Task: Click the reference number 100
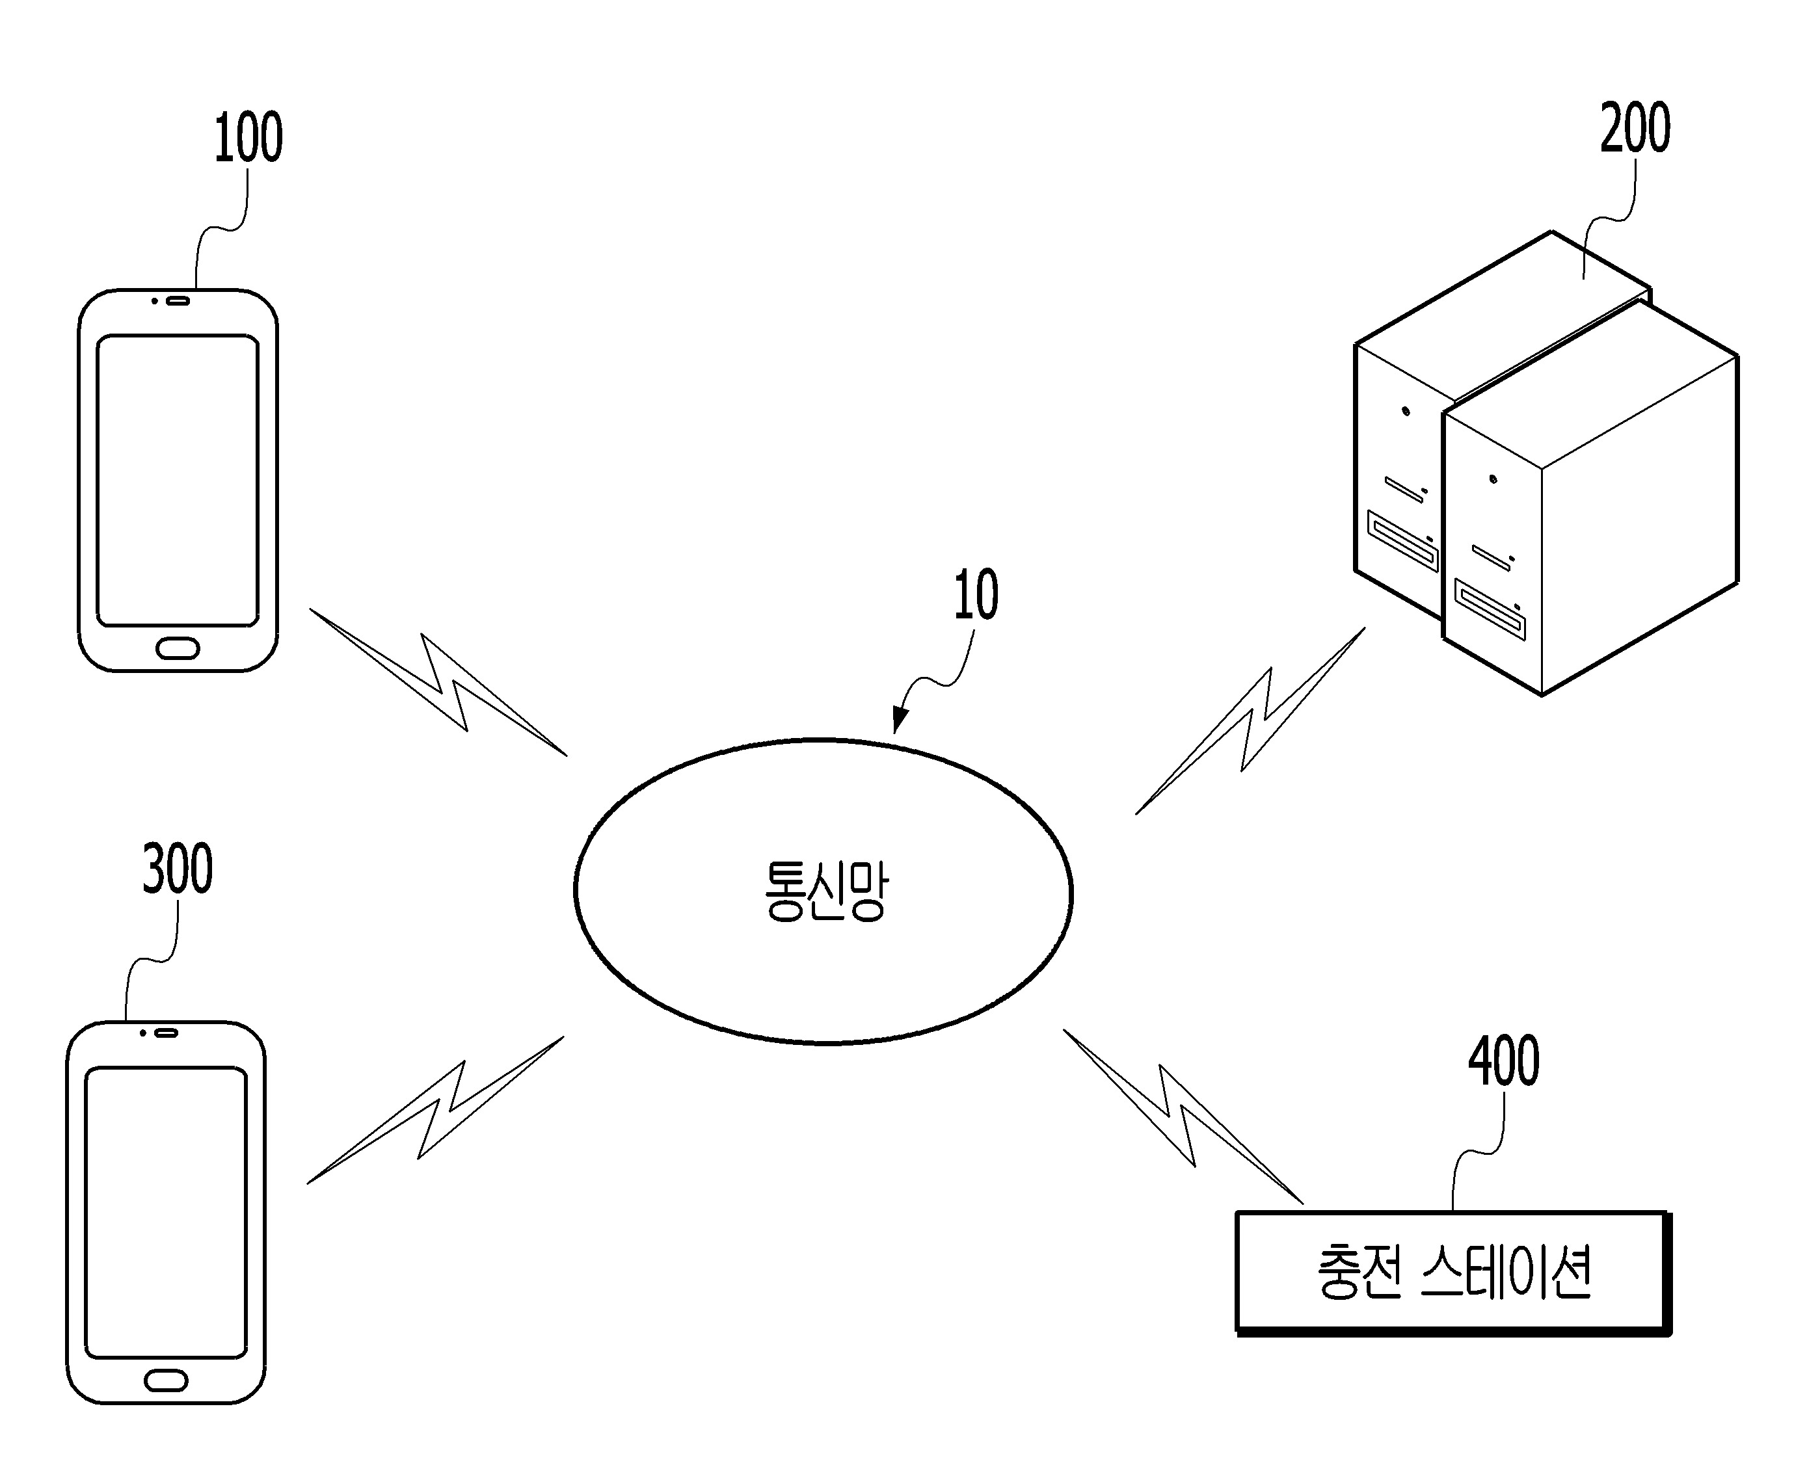(x=248, y=137)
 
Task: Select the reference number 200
(x=1635, y=127)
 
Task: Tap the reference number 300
(x=177, y=869)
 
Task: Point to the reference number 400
(x=1504, y=1061)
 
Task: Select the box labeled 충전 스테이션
(x=1453, y=1273)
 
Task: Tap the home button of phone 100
(x=178, y=648)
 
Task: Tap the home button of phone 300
(x=166, y=1380)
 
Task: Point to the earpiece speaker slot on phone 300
(x=165, y=1033)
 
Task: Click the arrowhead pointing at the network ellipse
(x=898, y=719)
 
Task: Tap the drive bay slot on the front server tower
(x=1489, y=609)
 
